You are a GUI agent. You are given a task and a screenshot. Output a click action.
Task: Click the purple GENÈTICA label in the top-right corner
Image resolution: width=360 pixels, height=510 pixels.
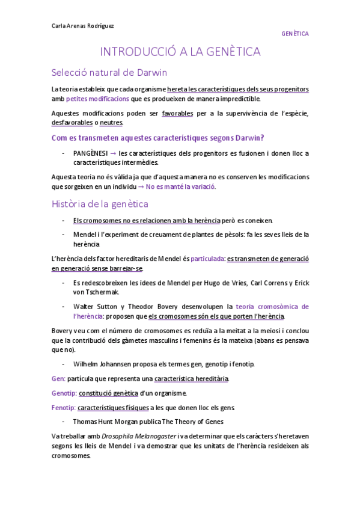pyautogui.click(x=294, y=34)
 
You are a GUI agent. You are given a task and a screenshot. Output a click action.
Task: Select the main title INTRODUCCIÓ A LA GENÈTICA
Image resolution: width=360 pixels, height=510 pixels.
pyautogui.click(x=180, y=52)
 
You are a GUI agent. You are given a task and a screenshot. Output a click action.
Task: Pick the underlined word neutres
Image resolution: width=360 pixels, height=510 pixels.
pyautogui.click(x=111, y=123)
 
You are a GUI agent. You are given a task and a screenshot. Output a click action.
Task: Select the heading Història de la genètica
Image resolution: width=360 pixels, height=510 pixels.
pyautogui.click(x=99, y=204)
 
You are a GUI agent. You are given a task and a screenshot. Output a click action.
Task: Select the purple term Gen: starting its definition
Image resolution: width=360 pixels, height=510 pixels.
pyautogui.click(x=58, y=379)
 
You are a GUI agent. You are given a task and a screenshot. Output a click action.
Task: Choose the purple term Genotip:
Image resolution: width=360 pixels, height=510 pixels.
pyautogui.click(x=64, y=393)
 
